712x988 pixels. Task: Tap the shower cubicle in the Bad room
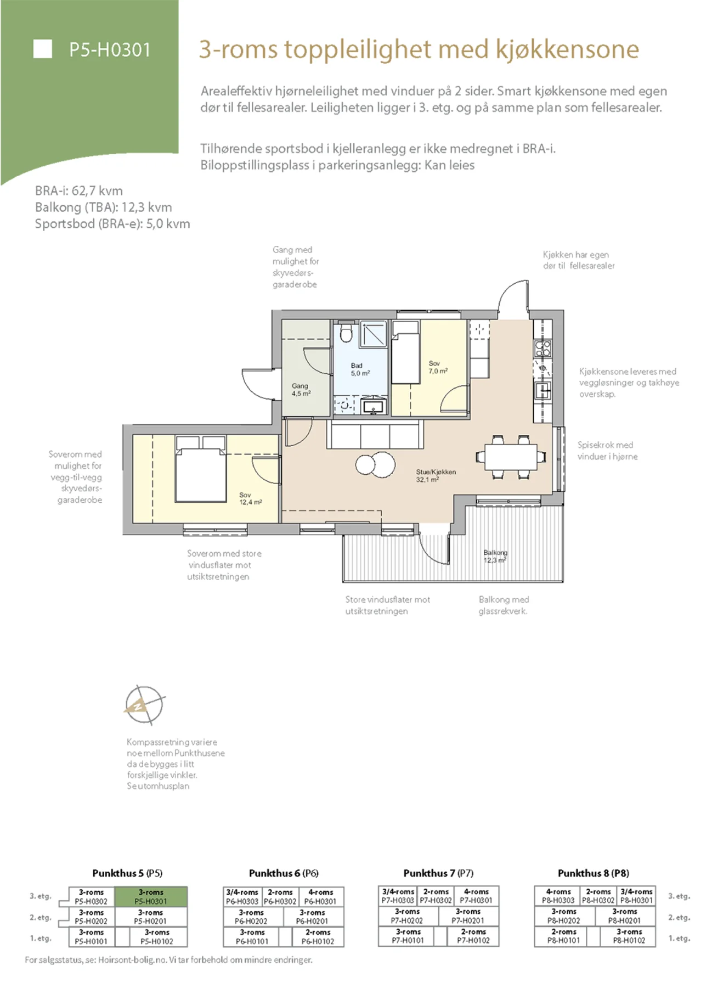374,334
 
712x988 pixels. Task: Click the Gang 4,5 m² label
301,390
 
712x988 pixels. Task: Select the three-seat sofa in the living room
375,435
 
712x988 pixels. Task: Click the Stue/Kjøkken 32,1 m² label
436,476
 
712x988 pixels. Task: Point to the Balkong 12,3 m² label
495,557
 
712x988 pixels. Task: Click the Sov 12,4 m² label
250,498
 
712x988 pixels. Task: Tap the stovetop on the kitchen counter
543,349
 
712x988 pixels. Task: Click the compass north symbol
143,705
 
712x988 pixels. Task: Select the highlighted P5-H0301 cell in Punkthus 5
151,896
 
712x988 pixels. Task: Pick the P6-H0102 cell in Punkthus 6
318,936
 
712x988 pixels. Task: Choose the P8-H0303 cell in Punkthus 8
558,896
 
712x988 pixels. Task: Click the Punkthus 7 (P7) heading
438,873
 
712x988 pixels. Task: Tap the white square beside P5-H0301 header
43,49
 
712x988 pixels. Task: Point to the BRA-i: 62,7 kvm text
79,191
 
